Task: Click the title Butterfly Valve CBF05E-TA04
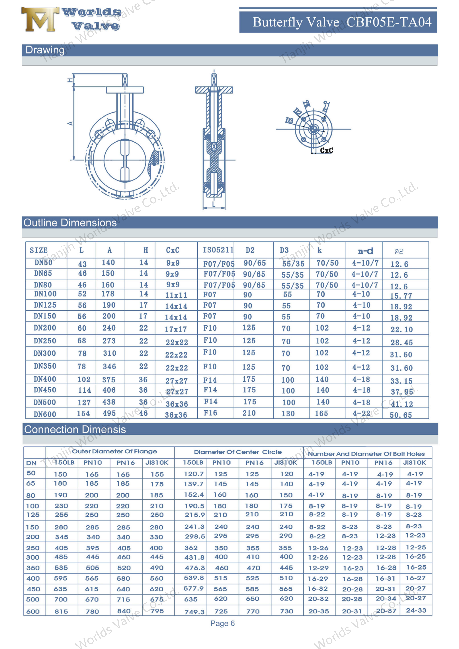(x=342, y=22)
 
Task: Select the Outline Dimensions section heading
(x=70, y=223)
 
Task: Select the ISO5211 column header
(x=218, y=250)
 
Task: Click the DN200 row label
(x=45, y=328)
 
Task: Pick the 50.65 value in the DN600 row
(x=401, y=415)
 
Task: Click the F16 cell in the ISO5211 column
(x=211, y=413)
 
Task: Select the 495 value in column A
(x=109, y=413)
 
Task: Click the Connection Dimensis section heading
(x=75, y=430)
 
